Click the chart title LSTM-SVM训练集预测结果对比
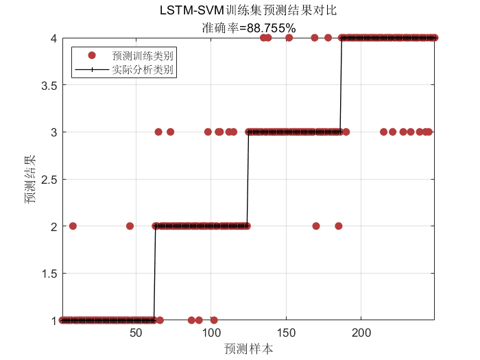coord(248,10)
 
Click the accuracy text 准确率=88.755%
coord(248,28)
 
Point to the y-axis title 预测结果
coord(29,179)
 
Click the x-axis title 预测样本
coord(248,348)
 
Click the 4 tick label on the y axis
coord(51,38)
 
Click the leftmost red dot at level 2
coord(73,226)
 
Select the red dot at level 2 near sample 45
coord(130,226)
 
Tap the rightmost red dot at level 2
coord(338,226)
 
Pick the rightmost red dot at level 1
coord(214,320)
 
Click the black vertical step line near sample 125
coord(248,179)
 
